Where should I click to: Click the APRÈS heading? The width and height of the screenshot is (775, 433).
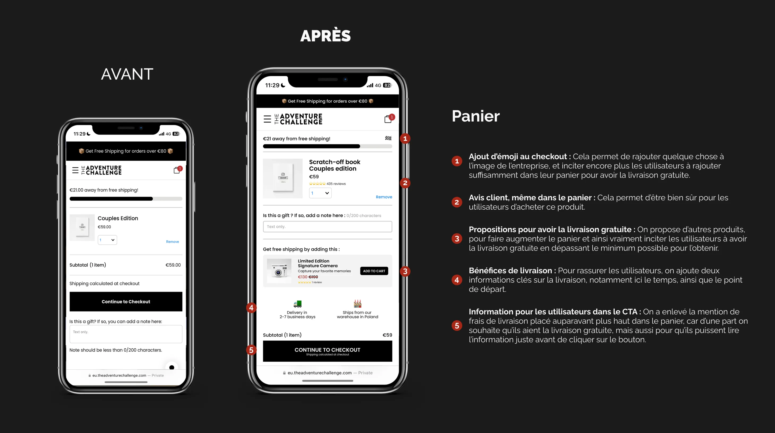coord(326,36)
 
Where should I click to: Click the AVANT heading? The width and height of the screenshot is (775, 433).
coord(127,74)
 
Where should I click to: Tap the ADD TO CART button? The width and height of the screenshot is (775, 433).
coord(374,271)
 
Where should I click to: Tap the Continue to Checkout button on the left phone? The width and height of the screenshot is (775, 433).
coord(126,302)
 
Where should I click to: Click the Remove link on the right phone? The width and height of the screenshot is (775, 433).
coord(384,197)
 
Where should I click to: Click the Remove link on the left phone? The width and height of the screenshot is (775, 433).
coord(172,242)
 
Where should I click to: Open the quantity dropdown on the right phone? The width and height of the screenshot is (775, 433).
coord(320,193)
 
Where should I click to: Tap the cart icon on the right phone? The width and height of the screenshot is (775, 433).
coord(388,119)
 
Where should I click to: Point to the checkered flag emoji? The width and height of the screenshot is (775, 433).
coord(388,138)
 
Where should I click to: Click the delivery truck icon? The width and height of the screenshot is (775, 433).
coord(298,304)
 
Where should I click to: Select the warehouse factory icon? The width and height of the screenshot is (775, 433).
coord(357,304)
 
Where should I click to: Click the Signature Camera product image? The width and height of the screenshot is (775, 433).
coord(279,271)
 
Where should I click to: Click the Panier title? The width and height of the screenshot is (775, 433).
coord(476,116)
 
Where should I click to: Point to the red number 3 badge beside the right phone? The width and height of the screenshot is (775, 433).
coord(405,271)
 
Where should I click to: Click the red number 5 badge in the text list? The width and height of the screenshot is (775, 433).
coord(457,326)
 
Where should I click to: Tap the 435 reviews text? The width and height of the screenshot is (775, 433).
coord(336,184)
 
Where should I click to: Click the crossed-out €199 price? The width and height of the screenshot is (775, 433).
coord(313,277)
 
